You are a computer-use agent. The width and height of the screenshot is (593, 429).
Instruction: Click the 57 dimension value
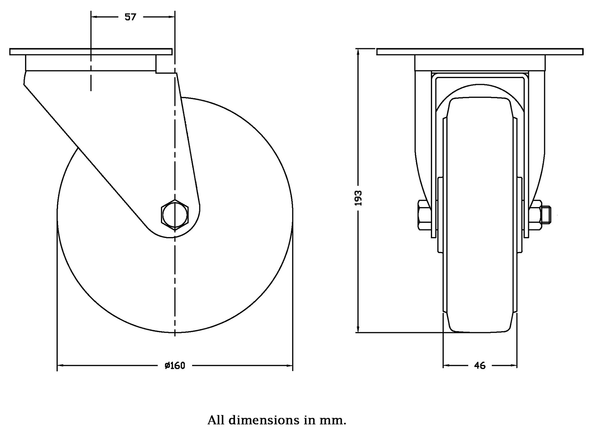pos(130,17)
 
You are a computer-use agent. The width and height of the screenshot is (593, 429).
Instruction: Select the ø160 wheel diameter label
pos(175,366)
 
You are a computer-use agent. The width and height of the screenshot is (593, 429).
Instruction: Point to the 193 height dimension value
pos(358,198)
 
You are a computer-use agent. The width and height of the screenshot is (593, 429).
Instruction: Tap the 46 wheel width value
pos(480,366)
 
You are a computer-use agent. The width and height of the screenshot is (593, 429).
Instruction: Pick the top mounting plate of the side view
pos(91,52)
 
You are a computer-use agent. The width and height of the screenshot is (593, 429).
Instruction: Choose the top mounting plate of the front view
pos(480,52)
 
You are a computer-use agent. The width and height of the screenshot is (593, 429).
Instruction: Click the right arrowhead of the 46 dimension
pos(514,366)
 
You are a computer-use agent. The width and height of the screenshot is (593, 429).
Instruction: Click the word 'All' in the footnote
pos(216,420)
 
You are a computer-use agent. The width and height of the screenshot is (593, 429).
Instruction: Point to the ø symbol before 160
pos(167,366)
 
